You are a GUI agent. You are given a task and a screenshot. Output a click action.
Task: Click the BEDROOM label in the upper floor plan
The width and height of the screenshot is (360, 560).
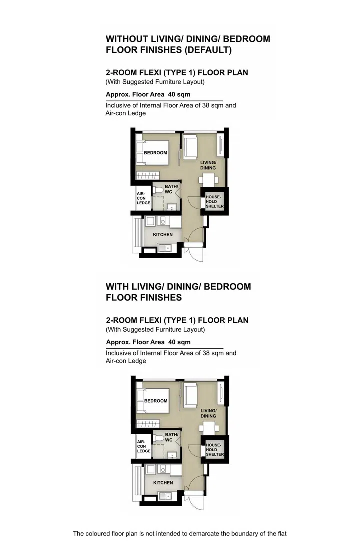155,153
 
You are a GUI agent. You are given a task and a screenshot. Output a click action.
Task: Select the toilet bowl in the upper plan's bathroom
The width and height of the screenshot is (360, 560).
159,190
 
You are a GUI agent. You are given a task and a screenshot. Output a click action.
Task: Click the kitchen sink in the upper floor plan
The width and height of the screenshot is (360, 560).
165,247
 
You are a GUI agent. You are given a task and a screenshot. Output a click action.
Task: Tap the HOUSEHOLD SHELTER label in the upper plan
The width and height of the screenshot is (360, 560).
214,202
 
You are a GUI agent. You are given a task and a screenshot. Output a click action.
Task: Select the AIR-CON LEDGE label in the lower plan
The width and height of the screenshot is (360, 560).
144,446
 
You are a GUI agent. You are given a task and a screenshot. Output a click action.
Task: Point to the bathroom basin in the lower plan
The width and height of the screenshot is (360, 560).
172,455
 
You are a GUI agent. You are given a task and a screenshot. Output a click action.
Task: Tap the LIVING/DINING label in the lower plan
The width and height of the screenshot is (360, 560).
208,413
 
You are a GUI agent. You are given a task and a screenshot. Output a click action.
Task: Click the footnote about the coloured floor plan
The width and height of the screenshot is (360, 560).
180,534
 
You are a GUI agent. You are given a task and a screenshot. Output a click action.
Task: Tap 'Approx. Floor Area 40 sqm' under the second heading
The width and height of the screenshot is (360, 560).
148,342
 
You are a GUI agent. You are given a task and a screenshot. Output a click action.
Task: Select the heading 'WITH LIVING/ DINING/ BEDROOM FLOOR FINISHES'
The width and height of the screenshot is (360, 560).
178,292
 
